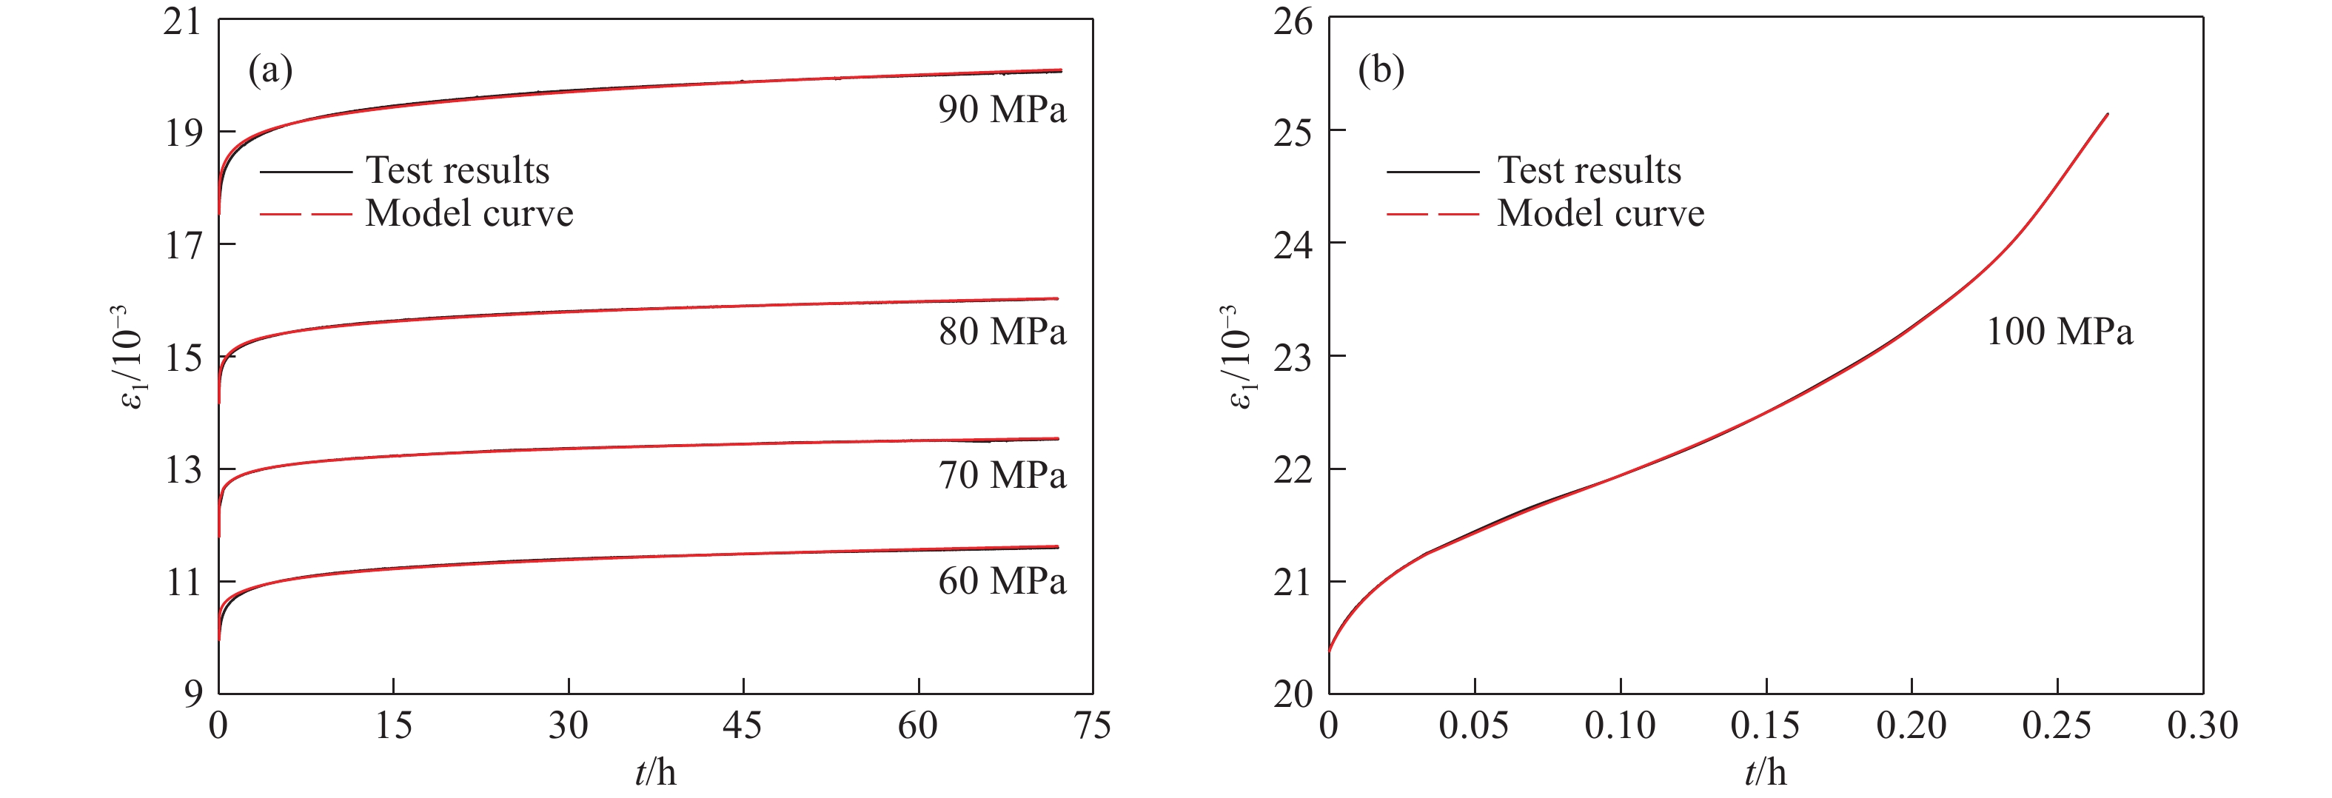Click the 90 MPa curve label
click(x=1002, y=110)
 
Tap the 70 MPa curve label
click(x=1002, y=475)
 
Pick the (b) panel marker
click(x=1381, y=70)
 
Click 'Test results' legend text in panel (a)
click(x=458, y=170)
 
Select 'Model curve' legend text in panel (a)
click(x=469, y=213)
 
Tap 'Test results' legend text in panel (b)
click(x=1589, y=170)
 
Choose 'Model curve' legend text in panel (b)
click(x=1601, y=213)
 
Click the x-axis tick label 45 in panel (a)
click(x=743, y=725)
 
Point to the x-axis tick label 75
click(x=1092, y=725)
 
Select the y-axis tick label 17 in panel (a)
click(x=183, y=245)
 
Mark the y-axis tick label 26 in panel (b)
click(x=1293, y=21)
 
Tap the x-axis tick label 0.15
click(x=1766, y=725)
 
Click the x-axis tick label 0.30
click(x=2202, y=725)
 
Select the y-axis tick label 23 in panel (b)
click(x=1293, y=358)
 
